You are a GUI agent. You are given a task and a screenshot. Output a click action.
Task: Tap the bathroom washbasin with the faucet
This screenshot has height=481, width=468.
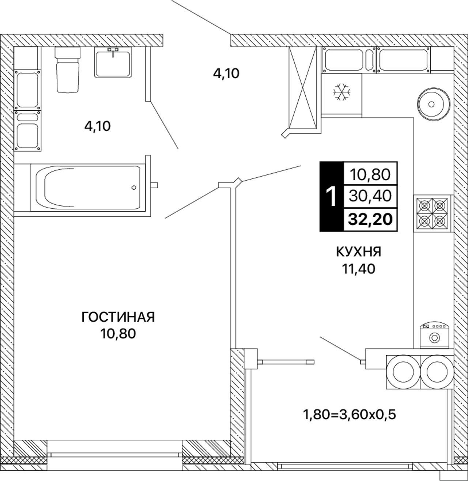pyautogui.click(x=113, y=62)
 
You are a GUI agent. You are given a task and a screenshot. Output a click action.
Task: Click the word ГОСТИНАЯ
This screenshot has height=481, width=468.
pyautogui.click(x=118, y=317)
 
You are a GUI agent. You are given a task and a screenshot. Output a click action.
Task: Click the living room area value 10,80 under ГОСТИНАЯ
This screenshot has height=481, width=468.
pyautogui.click(x=118, y=334)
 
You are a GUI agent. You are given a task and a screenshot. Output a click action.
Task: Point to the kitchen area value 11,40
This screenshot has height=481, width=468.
pyautogui.click(x=358, y=269)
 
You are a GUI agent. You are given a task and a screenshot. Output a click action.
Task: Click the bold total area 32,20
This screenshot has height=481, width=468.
pyautogui.click(x=370, y=219)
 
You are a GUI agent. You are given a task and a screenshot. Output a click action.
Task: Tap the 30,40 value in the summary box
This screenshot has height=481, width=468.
pyautogui.click(x=370, y=196)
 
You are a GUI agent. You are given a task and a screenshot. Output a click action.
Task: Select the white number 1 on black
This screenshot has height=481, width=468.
pyautogui.click(x=331, y=197)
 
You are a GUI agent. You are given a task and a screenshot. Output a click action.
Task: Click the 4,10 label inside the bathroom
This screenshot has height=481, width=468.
pyautogui.click(x=97, y=126)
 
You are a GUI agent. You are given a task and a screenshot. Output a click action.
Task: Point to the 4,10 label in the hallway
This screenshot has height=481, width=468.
pyautogui.click(x=226, y=73)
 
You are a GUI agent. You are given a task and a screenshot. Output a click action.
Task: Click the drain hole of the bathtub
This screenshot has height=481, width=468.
pyautogui.click(x=134, y=188)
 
